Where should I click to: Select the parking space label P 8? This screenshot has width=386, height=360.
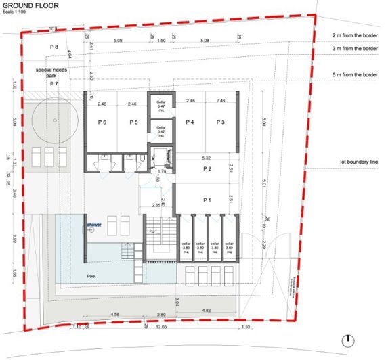56,46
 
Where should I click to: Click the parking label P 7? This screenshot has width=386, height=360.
54,83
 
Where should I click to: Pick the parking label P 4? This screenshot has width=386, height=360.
190,122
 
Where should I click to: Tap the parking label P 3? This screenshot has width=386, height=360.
221,122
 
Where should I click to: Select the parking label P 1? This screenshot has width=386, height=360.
209,201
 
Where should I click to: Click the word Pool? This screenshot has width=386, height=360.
91,277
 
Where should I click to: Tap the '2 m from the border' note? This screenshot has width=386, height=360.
355,35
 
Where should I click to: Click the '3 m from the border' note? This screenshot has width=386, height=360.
355,49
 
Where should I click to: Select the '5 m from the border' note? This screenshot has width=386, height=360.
355,74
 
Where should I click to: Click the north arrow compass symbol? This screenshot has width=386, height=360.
347,340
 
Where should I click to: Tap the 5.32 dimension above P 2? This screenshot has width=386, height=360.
206,158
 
